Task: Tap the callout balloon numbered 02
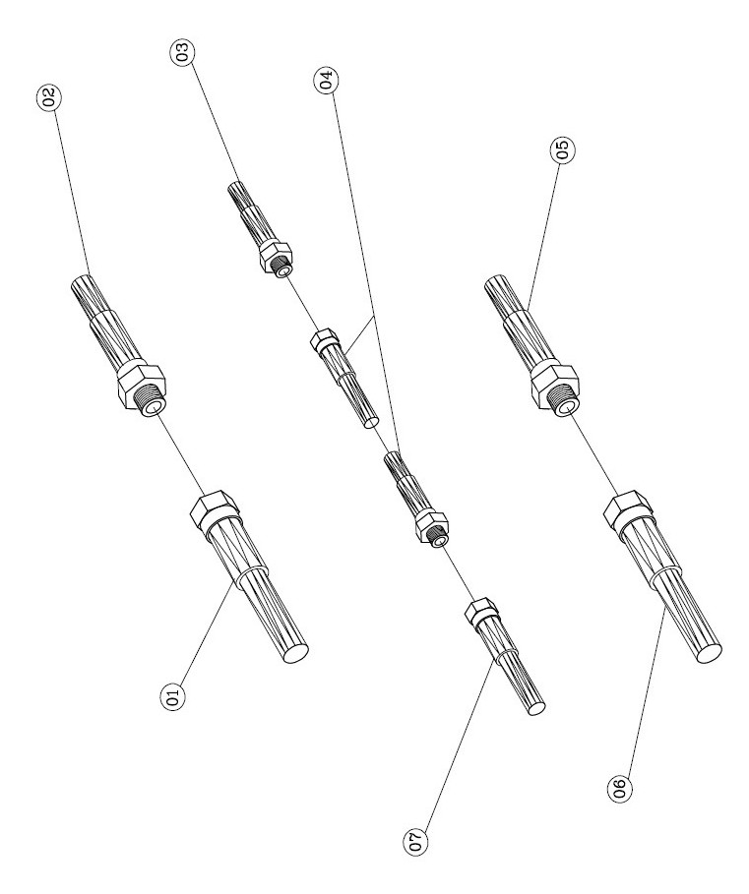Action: click(x=49, y=97)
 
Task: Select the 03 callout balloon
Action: click(x=182, y=52)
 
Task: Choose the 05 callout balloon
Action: click(x=563, y=149)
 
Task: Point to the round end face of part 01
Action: click(x=295, y=652)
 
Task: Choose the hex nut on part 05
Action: click(x=554, y=384)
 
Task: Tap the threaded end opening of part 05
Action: click(x=568, y=407)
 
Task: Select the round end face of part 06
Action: click(x=709, y=652)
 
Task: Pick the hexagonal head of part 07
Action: click(x=479, y=610)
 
